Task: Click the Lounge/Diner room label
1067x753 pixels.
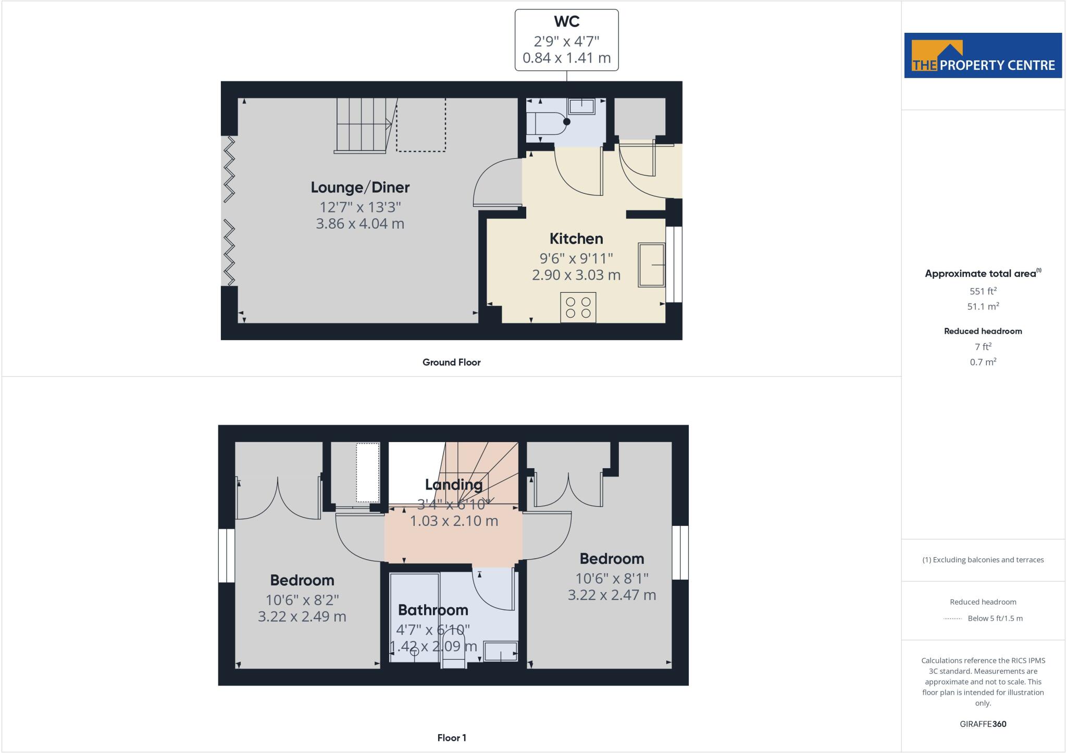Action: click(x=360, y=187)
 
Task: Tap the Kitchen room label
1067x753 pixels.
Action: click(x=576, y=239)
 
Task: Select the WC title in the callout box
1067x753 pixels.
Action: click(x=567, y=22)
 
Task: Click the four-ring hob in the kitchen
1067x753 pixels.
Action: click(x=578, y=307)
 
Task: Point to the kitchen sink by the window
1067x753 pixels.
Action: click(x=652, y=265)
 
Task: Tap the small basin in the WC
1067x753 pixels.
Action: click(x=582, y=106)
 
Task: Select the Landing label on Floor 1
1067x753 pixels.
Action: click(x=453, y=485)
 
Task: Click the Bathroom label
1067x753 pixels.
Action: click(x=433, y=610)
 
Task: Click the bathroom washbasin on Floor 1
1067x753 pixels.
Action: click(x=500, y=652)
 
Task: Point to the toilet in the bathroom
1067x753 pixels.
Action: click(x=453, y=648)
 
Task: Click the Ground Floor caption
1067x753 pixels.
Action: click(x=451, y=362)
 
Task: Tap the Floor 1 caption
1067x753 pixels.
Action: click(x=452, y=738)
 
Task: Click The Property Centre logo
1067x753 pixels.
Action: click(x=983, y=56)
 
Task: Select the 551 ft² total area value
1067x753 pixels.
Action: click(x=983, y=292)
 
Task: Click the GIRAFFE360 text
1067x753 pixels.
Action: click(x=983, y=724)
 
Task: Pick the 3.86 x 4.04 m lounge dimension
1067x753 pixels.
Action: click(x=360, y=224)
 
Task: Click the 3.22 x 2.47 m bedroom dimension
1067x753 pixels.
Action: click(x=612, y=595)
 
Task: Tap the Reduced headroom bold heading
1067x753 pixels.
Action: click(x=983, y=331)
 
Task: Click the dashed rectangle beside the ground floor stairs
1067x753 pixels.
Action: click(x=421, y=125)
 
